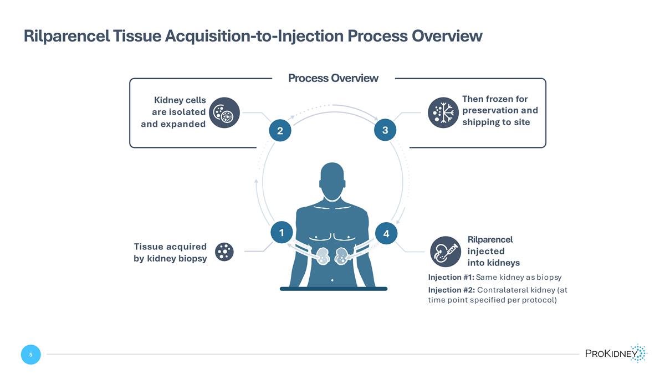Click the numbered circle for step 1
(x=282, y=233)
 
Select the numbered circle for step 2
(x=280, y=131)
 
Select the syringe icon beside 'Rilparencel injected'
(x=444, y=250)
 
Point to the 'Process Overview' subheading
(x=333, y=78)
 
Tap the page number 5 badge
(x=31, y=355)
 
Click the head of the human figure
(x=332, y=182)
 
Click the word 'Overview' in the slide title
(x=446, y=37)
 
